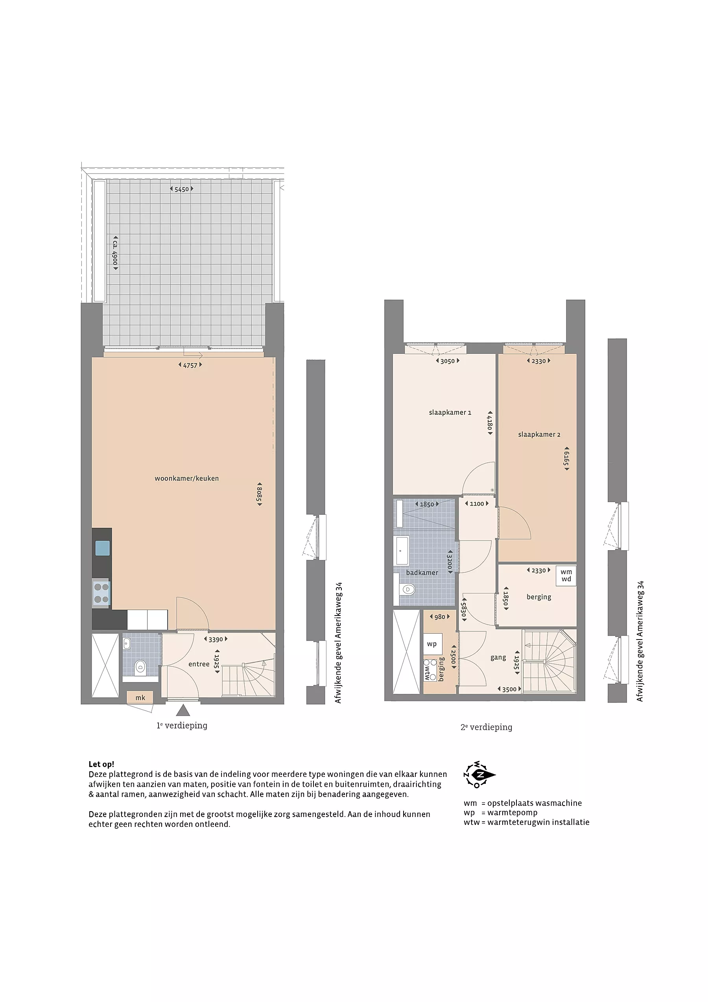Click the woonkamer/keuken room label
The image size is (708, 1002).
coord(187,478)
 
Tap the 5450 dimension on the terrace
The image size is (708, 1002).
coord(181,189)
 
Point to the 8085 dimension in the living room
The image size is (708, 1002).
coord(260,494)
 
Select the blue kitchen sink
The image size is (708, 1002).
coord(102,548)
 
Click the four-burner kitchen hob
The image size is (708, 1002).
coord(101,593)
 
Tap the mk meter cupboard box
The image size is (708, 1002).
coord(140,697)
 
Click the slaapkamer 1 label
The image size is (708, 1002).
coord(450,412)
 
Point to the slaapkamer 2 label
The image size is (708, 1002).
coord(539,434)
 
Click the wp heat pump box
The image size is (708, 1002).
coord(432,644)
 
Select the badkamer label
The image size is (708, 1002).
coord(422,573)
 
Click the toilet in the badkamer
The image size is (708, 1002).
coord(406,590)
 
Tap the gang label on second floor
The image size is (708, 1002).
coord(498,657)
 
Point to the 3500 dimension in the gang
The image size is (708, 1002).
coord(509,690)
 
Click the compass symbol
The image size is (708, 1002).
coord(479,775)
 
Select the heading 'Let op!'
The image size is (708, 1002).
coord(101,765)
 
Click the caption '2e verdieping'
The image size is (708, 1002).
coord(487,728)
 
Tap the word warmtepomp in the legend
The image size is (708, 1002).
coord(512,813)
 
